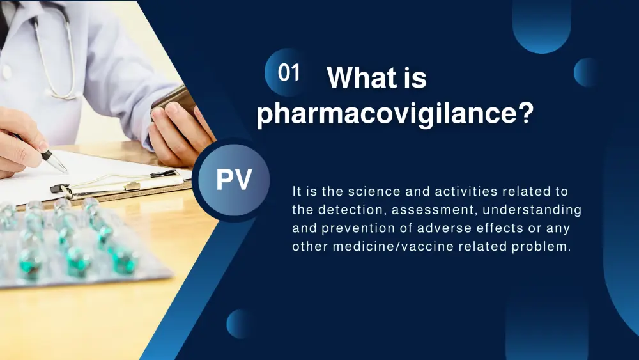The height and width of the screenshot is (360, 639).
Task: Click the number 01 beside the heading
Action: coord(289,72)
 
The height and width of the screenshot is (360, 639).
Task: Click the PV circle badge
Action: coord(234,180)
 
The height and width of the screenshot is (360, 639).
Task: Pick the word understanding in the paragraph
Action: coord(532,210)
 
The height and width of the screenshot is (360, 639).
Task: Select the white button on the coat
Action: coord(6,72)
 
